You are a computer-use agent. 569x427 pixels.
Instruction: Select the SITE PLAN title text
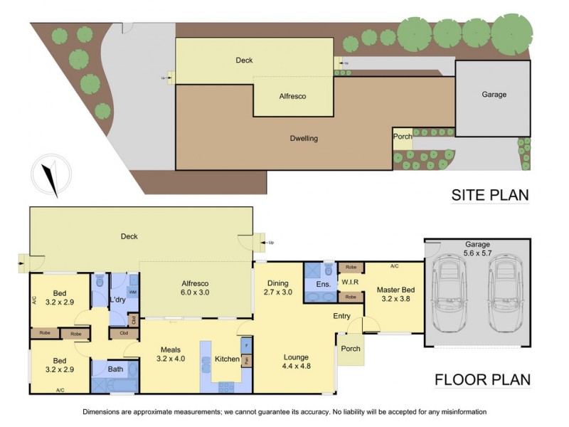point(490,195)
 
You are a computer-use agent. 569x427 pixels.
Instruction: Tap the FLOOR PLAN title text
point(482,379)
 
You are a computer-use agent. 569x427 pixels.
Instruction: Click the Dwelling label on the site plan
point(304,138)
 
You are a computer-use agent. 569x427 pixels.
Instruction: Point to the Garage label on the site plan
point(494,94)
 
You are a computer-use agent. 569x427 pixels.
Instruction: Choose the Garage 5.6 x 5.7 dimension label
point(478,248)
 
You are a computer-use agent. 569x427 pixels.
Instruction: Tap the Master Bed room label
point(396,294)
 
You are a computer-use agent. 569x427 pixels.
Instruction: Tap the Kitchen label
point(227,359)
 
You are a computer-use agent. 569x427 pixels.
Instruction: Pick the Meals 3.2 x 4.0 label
point(169,354)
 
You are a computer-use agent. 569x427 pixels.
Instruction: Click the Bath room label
point(115,369)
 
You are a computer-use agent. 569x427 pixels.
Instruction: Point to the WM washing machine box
point(132,292)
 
